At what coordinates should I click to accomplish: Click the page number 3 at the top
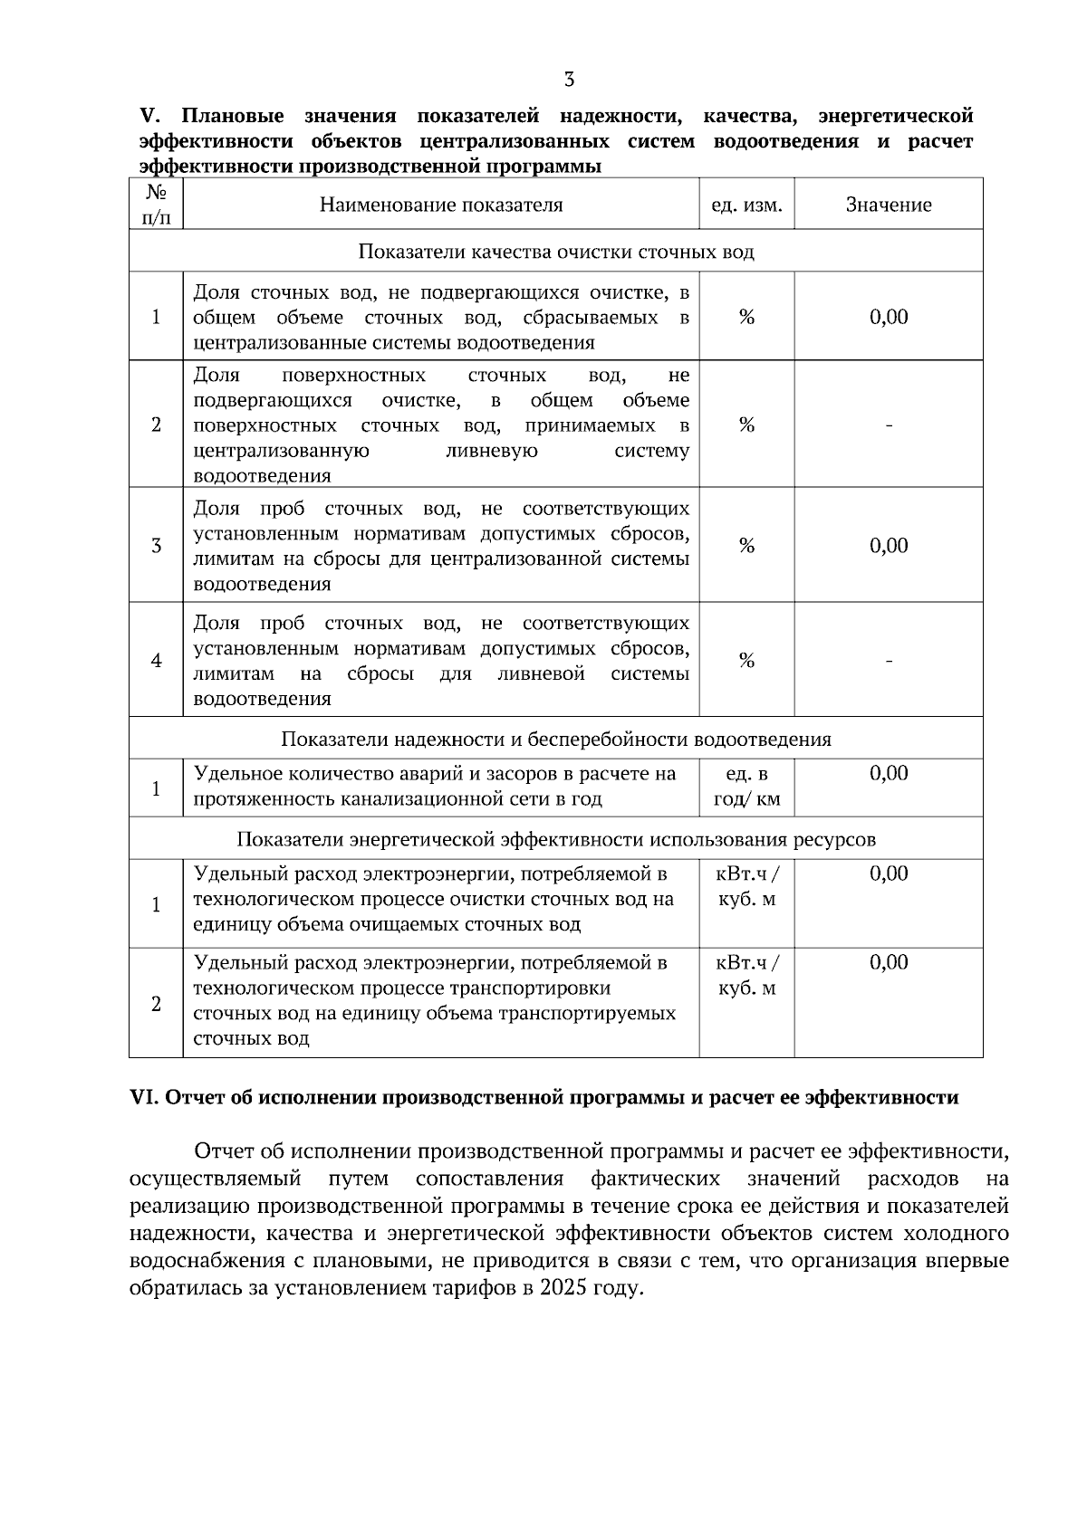(x=569, y=80)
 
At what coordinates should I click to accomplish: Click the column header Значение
(x=888, y=205)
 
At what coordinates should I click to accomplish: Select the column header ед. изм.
(x=746, y=205)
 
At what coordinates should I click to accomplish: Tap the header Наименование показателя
(x=441, y=205)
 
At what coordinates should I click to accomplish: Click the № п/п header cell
(x=156, y=205)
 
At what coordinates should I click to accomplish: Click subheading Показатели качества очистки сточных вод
(x=555, y=252)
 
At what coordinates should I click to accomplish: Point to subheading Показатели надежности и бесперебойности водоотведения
(x=555, y=739)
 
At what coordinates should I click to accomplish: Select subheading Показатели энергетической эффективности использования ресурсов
(x=555, y=839)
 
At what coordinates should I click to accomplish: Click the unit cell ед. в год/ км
(x=746, y=788)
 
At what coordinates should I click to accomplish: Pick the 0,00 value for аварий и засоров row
(x=888, y=773)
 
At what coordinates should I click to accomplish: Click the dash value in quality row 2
(x=889, y=425)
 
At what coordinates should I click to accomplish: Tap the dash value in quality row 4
(x=889, y=661)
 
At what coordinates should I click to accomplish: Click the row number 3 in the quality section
(x=156, y=546)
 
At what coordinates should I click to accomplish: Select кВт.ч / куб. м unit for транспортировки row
(x=746, y=976)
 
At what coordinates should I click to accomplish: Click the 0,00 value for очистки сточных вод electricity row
(x=888, y=874)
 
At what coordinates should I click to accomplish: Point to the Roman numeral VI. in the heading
(x=144, y=1098)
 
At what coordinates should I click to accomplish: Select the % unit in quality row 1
(x=746, y=317)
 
